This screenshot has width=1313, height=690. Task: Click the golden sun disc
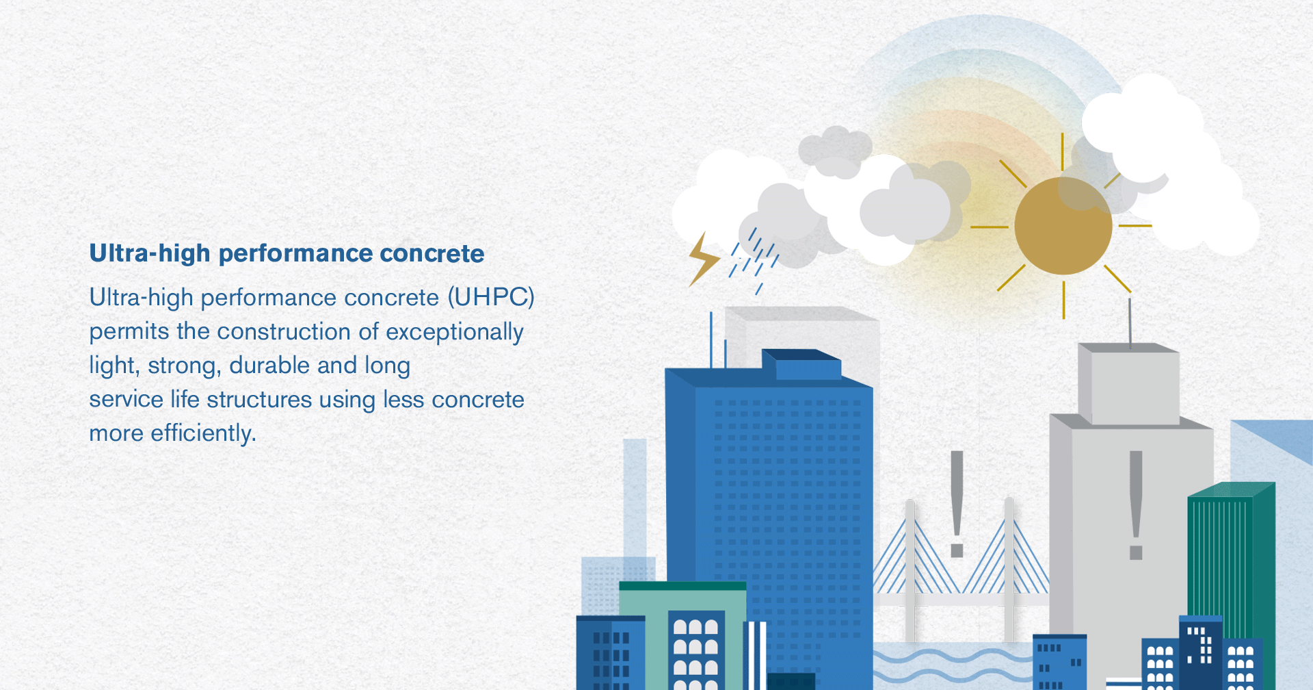coord(1063,226)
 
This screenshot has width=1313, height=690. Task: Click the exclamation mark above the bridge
coord(957,504)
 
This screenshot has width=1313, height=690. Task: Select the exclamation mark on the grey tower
coord(1136,505)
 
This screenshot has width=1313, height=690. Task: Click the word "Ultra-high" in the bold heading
coord(150,253)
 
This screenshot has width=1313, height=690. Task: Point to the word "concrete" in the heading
coord(432,254)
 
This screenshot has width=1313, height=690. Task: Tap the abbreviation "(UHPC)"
coord(491,297)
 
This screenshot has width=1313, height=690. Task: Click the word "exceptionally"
coord(455,332)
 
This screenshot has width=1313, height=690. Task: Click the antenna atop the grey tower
coord(1129,322)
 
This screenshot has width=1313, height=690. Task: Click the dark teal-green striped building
coord(1231,561)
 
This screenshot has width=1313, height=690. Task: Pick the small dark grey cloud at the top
coord(835,151)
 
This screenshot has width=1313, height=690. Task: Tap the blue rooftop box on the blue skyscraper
coord(801,364)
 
